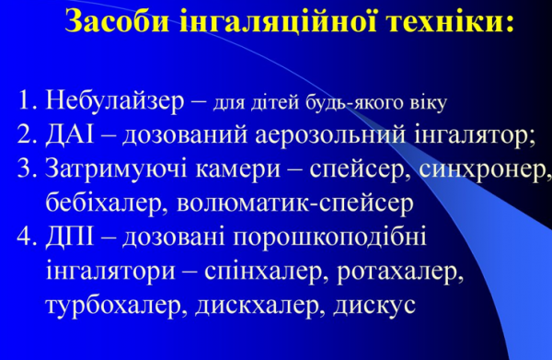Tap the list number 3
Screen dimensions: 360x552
click(25, 168)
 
